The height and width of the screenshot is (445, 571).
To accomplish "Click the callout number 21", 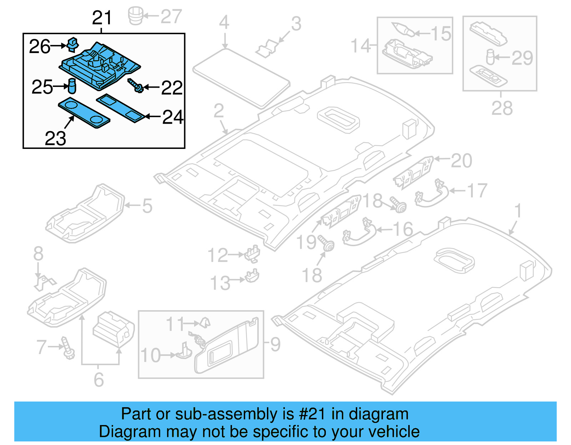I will coord(102,18).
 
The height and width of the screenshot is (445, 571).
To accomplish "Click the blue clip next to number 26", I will coord(73,43).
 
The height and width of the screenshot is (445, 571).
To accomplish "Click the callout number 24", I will coord(173,117).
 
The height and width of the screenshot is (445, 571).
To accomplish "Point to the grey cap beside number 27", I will coord(135,16).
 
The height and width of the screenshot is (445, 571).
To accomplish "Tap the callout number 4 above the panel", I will coord(224,23).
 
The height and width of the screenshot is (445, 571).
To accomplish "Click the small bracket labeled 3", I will coord(268,49).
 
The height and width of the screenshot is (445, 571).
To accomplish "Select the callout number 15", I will coord(441,34).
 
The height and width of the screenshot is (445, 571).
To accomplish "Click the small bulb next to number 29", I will coord(490,57).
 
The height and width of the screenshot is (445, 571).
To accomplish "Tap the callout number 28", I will coord(502,108).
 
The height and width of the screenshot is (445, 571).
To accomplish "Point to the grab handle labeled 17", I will coord(432,194).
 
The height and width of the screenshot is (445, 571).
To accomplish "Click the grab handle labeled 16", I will coord(359,233).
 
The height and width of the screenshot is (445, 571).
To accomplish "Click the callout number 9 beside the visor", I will coord(275,344).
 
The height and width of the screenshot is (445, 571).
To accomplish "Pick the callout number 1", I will coord(518,211).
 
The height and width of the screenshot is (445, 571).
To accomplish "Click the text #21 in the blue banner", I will coord(312,414).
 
